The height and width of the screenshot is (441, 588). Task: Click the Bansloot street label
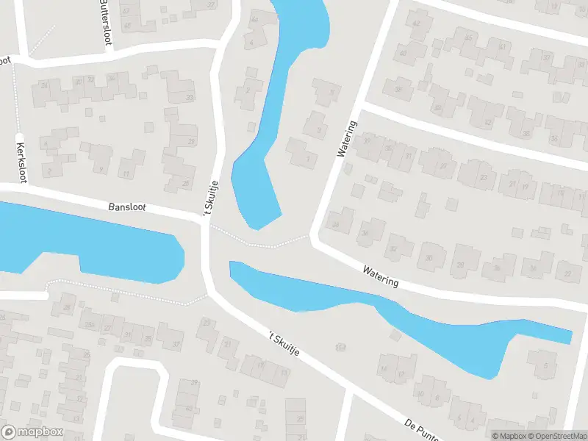(127, 207)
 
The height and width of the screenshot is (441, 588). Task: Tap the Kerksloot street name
(21, 162)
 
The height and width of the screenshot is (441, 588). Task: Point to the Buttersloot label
(105, 22)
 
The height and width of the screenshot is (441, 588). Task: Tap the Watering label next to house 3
(347, 139)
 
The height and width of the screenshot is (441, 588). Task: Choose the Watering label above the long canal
(380, 276)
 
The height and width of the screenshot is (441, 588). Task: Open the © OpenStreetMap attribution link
(556, 436)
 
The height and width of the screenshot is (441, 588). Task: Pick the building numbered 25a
(89, 324)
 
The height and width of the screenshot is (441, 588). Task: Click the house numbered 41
(503, 46)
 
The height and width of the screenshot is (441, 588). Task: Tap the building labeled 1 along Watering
(306, 157)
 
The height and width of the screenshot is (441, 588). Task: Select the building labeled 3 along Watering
(318, 130)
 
